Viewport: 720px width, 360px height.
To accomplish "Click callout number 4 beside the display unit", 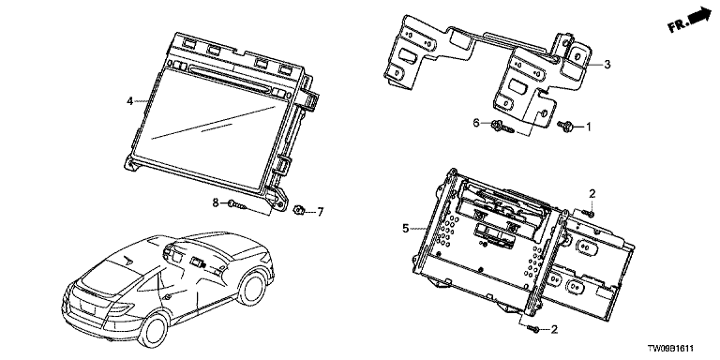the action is click(130, 100).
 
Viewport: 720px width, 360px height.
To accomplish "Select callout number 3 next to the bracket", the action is click(607, 65).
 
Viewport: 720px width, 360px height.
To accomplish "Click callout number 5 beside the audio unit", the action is click(405, 228).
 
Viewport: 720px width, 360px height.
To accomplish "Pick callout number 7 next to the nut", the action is click(321, 212).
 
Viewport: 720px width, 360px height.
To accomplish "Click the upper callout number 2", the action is click(592, 194).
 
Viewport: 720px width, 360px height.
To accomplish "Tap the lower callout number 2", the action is click(554, 329).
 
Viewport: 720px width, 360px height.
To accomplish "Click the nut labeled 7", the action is click(298, 211).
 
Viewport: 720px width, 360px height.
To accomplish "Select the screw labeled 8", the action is click(236, 204).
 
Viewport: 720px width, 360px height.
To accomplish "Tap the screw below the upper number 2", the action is click(588, 213).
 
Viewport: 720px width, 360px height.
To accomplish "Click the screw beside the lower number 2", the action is click(533, 328).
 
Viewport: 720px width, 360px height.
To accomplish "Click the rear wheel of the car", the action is click(154, 331).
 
